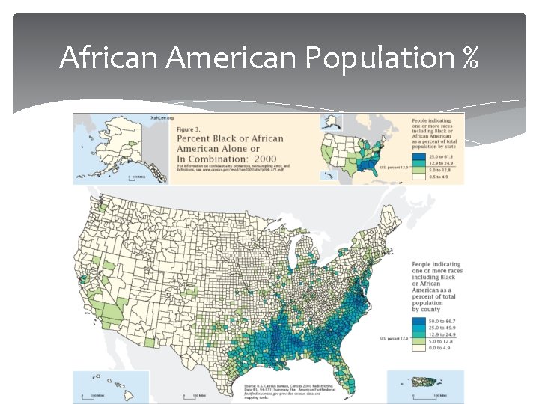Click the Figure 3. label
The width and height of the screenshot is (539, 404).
190,129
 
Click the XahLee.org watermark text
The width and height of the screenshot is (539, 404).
162,118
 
